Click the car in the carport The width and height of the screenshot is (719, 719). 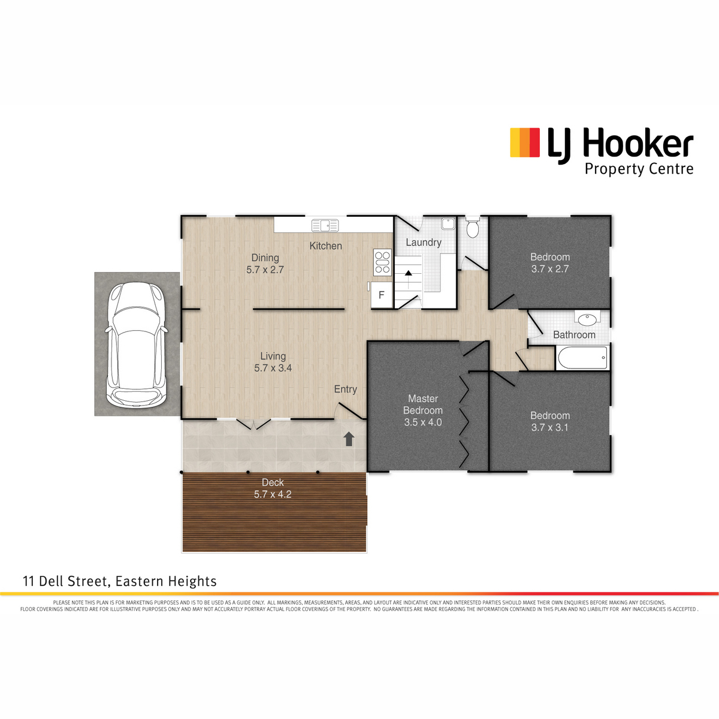tap(137, 345)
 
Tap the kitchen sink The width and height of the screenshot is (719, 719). tap(325, 225)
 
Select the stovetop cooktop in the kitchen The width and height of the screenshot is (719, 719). tap(382, 262)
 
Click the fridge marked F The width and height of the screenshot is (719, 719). tap(381, 295)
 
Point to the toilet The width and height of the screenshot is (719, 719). tap(472, 227)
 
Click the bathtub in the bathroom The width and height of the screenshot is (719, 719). tap(582, 358)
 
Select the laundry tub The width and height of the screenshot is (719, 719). tap(448, 224)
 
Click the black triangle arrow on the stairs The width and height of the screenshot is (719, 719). tap(408, 273)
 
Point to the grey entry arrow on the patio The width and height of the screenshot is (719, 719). tap(349, 439)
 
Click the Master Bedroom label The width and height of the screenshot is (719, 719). tap(423, 404)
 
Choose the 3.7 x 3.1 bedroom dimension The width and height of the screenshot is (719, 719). tap(549, 428)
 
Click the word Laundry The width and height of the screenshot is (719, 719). tap(424, 243)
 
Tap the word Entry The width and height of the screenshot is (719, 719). tap(346, 389)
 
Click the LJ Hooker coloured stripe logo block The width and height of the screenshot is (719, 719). tap(525, 142)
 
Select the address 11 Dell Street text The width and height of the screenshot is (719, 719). tap(66, 581)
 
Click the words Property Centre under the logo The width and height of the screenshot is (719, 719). tap(639, 170)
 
